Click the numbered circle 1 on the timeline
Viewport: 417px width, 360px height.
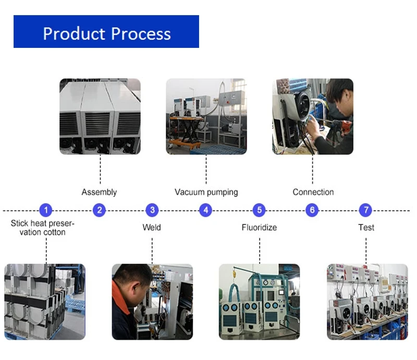point(46,210)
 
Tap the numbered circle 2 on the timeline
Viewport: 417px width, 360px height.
point(99,210)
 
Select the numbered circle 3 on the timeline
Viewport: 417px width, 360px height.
point(152,210)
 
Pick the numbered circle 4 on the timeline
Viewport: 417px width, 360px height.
point(206,210)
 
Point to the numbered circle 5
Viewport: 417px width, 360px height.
point(259,210)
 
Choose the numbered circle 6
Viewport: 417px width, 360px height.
point(312,210)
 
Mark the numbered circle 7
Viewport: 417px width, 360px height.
point(366,210)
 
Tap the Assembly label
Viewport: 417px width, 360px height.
point(99,192)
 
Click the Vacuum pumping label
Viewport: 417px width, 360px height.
point(206,192)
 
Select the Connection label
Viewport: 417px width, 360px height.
point(313,192)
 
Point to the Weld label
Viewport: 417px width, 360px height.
point(152,228)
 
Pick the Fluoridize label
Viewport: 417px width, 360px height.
point(259,228)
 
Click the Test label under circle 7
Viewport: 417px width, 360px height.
point(366,228)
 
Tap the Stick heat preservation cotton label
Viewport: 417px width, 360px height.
point(43,228)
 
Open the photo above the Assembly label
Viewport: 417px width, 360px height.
point(100,116)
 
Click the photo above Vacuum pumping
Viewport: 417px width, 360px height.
point(206,116)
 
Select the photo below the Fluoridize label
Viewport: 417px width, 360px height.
point(259,302)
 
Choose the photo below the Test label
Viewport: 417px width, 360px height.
point(367,302)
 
